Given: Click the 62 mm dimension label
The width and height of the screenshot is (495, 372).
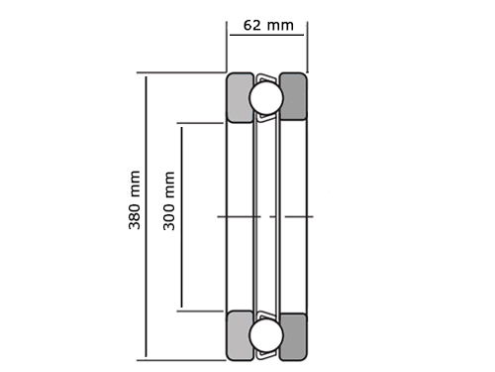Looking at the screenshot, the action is click(268, 26).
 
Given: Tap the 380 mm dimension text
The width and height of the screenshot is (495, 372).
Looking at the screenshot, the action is click(135, 200).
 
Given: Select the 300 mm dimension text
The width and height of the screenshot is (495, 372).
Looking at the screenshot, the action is click(169, 200).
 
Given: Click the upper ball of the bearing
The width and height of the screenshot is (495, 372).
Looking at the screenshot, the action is click(266, 98).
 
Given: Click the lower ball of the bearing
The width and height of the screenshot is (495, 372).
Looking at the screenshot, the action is click(266, 335).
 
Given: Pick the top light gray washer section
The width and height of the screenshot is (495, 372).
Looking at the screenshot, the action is click(240, 98).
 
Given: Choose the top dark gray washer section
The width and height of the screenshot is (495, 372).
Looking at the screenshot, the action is click(293, 96).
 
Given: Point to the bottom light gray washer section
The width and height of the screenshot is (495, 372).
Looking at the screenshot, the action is click(240, 335).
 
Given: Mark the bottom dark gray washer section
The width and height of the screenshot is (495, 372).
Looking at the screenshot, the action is click(293, 336).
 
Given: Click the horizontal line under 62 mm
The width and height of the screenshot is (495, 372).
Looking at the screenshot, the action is click(266, 35).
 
